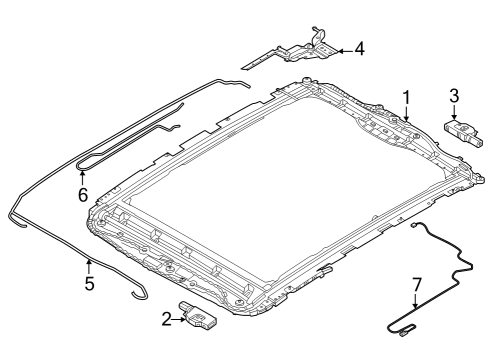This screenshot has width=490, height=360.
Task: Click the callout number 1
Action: click(406, 98)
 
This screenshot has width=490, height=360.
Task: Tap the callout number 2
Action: click(167, 318)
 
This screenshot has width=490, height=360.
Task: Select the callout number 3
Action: click(453, 96)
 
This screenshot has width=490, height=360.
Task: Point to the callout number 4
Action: click(359, 47)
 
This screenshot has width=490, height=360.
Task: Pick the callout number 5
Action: click(89, 283)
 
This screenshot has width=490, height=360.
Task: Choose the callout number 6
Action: click(83, 194)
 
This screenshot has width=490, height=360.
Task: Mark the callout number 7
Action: click(417, 284)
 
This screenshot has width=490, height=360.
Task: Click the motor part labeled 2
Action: click(200, 316)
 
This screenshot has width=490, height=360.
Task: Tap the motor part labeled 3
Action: click(461, 131)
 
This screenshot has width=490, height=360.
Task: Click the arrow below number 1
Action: click(407, 115)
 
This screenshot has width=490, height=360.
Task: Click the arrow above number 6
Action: click(83, 177)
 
